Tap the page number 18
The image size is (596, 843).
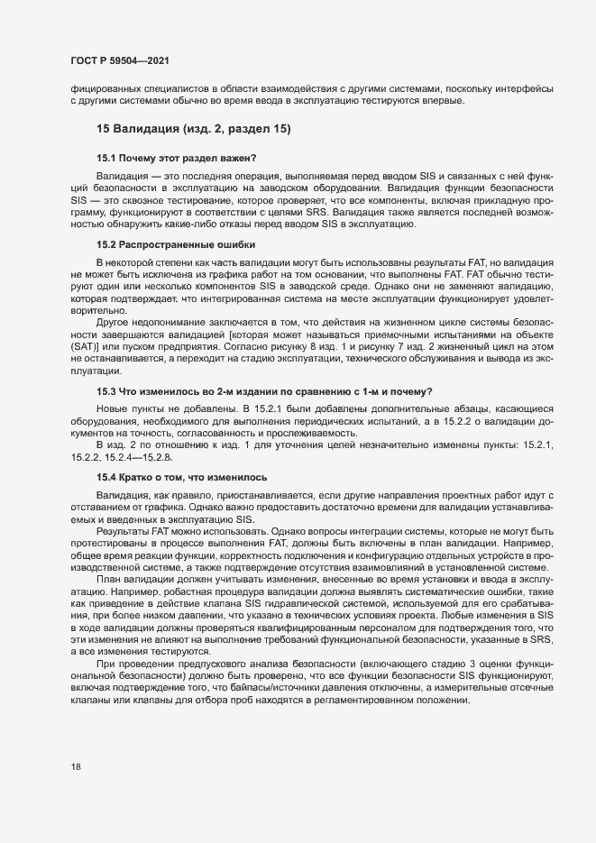click(76, 766)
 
